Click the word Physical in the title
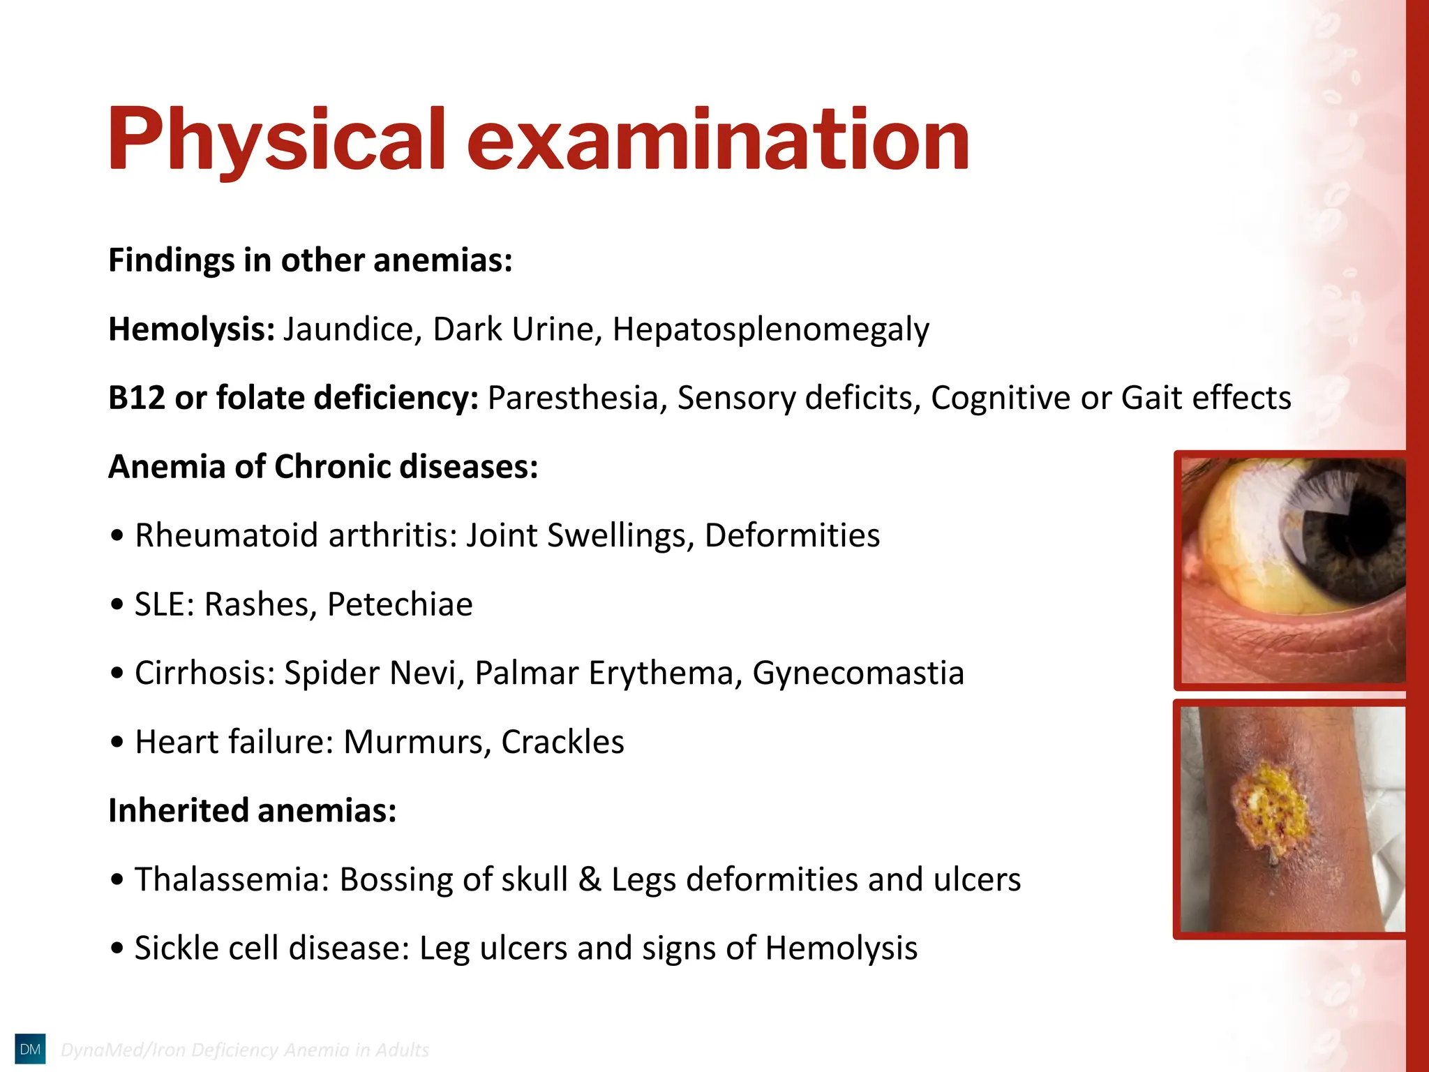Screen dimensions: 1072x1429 click(276, 140)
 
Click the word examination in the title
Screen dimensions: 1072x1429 click(718, 140)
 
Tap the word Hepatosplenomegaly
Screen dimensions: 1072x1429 click(770, 329)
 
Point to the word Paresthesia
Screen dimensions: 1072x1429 click(573, 398)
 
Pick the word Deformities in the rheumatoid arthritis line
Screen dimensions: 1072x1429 click(792, 535)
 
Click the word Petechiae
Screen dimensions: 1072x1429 click(400, 604)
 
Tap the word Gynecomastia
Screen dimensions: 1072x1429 click(858, 673)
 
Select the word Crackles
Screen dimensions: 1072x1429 click(562, 742)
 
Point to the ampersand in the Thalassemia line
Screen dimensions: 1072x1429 click(590, 879)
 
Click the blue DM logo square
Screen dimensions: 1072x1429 click(30, 1049)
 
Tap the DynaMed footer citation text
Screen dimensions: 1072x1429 click(245, 1050)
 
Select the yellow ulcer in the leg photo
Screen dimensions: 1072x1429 click(1270, 810)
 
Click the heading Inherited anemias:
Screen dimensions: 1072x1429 click(253, 811)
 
